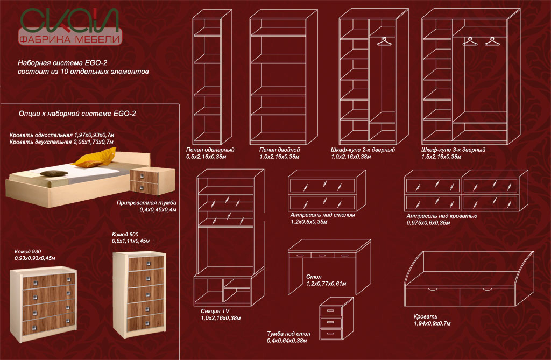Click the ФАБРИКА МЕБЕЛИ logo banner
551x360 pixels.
coord(69,39)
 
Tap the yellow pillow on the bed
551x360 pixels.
coord(95,159)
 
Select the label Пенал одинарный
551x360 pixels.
coord(210,149)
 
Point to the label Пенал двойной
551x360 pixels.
coord(275,149)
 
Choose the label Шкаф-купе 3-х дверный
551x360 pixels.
coord(454,149)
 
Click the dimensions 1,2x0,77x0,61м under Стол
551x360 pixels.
coord(326,284)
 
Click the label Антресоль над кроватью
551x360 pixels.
coord(442,216)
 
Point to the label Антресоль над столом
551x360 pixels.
coord(322,214)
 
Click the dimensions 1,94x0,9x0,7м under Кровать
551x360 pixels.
coord(432,323)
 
